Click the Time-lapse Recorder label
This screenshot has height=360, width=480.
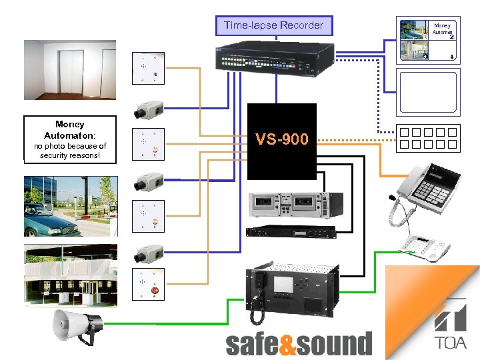[273, 26]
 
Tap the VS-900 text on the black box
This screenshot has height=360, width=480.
[282, 139]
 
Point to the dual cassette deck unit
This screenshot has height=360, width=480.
[289, 203]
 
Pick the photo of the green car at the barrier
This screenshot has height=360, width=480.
[71, 206]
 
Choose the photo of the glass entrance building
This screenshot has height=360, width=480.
[71, 274]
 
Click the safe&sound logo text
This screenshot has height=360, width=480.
[298, 344]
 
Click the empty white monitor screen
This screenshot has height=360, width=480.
[429, 93]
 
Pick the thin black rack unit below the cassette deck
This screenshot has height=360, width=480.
[288, 231]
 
